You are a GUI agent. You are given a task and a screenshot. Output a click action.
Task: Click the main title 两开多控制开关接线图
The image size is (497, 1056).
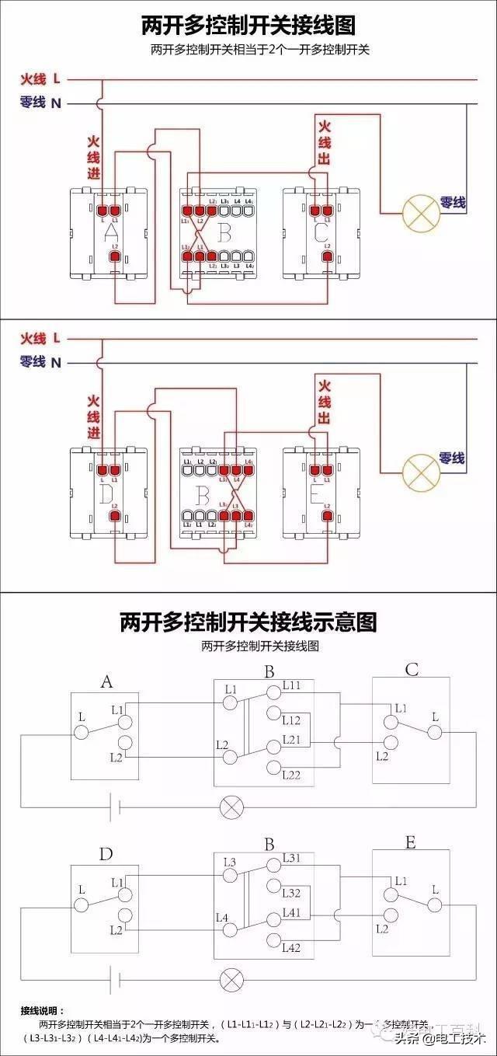(x=248, y=25)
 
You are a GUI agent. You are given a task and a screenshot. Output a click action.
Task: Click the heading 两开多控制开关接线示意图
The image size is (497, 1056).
(x=248, y=622)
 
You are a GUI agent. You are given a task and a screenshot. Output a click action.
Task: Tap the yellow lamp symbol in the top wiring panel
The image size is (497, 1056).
(x=420, y=212)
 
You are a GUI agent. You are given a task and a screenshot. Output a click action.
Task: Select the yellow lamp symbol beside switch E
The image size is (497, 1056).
(x=420, y=471)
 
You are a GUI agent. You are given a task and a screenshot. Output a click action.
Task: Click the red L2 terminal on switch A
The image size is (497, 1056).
(x=115, y=256)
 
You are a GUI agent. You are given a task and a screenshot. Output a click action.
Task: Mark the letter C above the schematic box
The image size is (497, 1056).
(x=412, y=670)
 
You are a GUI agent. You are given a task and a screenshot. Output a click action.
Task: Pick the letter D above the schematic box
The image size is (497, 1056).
(x=106, y=855)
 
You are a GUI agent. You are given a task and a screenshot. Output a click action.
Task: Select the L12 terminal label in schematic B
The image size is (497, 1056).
(x=292, y=720)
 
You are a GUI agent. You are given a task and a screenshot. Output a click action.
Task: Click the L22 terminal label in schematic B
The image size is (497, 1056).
(x=292, y=775)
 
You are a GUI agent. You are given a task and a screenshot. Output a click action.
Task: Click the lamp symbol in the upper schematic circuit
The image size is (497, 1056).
(x=231, y=806)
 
